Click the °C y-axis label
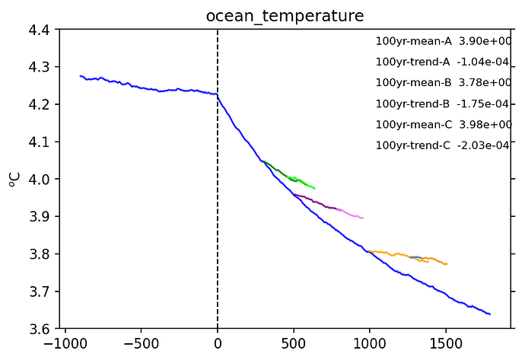(13, 179)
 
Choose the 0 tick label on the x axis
(218, 343)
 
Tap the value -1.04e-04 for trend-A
(483, 62)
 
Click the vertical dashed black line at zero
(218, 228)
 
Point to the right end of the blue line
(490, 314)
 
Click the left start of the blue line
(81, 75)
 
